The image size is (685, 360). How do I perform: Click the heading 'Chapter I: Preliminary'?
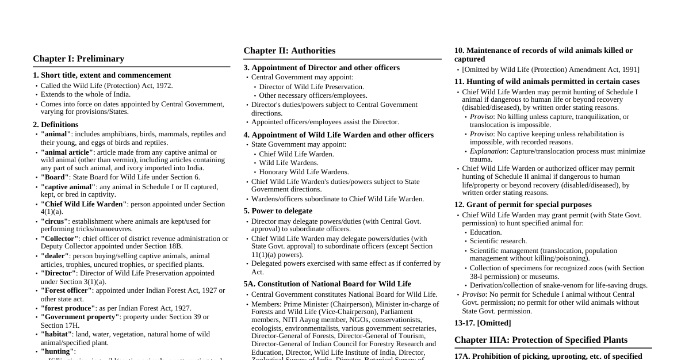78,59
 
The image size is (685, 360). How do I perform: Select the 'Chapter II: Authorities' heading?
289,51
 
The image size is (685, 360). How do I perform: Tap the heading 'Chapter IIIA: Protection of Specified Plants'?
541,340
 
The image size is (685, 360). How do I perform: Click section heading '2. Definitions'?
56,124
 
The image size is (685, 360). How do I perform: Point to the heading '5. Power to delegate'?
278,211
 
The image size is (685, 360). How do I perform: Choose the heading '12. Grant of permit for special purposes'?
523,205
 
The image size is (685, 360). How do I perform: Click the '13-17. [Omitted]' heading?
483,323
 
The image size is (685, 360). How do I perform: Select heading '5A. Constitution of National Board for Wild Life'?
327,284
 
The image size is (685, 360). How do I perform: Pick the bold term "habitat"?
56,334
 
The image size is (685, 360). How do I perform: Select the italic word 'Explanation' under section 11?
488,151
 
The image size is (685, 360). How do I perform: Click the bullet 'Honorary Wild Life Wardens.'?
304,172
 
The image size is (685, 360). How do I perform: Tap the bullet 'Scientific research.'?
498,241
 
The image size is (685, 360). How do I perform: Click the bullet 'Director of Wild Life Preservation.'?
311,87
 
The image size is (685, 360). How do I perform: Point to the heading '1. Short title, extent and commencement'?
102,75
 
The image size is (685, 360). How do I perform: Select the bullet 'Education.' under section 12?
485,232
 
